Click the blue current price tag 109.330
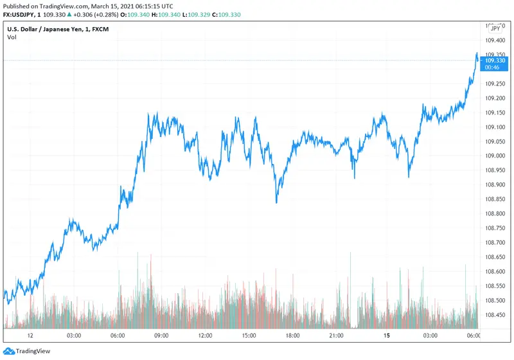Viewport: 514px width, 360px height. click(x=497, y=61)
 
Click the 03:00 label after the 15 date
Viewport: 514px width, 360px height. click(x=430, y=336)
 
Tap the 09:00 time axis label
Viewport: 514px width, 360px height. click(x=161, y=336)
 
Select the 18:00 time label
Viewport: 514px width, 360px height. click(x=293, y=336)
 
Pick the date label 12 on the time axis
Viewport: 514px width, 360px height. click(x=30, y=336)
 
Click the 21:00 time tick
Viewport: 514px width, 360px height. click(x=337, y=336)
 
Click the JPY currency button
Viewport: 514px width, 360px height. click(x=495, y=28)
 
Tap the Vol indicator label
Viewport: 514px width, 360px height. click(x=12, y=37)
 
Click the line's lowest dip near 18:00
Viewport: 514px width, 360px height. click(x=276, y=203)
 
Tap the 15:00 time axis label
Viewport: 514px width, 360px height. click(x=249, y=336)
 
